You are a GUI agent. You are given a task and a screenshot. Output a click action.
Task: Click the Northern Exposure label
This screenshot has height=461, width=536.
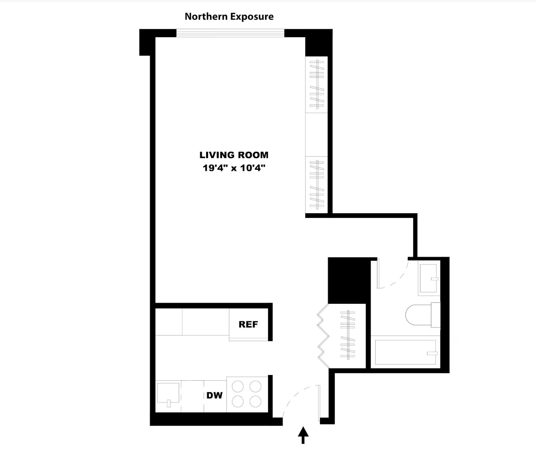pos(229,16)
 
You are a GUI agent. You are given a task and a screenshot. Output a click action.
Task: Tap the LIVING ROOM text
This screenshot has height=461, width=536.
pos(234,155)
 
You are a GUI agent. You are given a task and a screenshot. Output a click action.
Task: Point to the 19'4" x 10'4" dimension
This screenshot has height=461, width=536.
pos(234,167)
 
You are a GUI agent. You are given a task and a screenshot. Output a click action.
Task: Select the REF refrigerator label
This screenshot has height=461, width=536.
pos(248,324)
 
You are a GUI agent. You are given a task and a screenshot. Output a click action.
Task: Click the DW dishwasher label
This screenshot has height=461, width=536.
pos(214,395)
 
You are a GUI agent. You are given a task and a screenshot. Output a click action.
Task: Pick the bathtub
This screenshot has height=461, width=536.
pos(406,352)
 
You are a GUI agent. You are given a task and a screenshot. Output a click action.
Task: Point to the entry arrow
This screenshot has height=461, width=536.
pos(303,435)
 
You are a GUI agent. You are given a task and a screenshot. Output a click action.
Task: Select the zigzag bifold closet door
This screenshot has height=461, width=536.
pos(322,333)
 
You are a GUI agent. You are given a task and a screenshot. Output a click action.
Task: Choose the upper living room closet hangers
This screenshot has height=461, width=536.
pos(316,84)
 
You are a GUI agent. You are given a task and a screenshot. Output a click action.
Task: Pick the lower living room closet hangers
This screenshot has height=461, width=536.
pos(316,184)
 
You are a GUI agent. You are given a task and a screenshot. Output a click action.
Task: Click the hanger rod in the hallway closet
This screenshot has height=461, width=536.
pos(348,335)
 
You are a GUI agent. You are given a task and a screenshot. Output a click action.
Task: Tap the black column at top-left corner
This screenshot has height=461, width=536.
pos(147,42)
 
